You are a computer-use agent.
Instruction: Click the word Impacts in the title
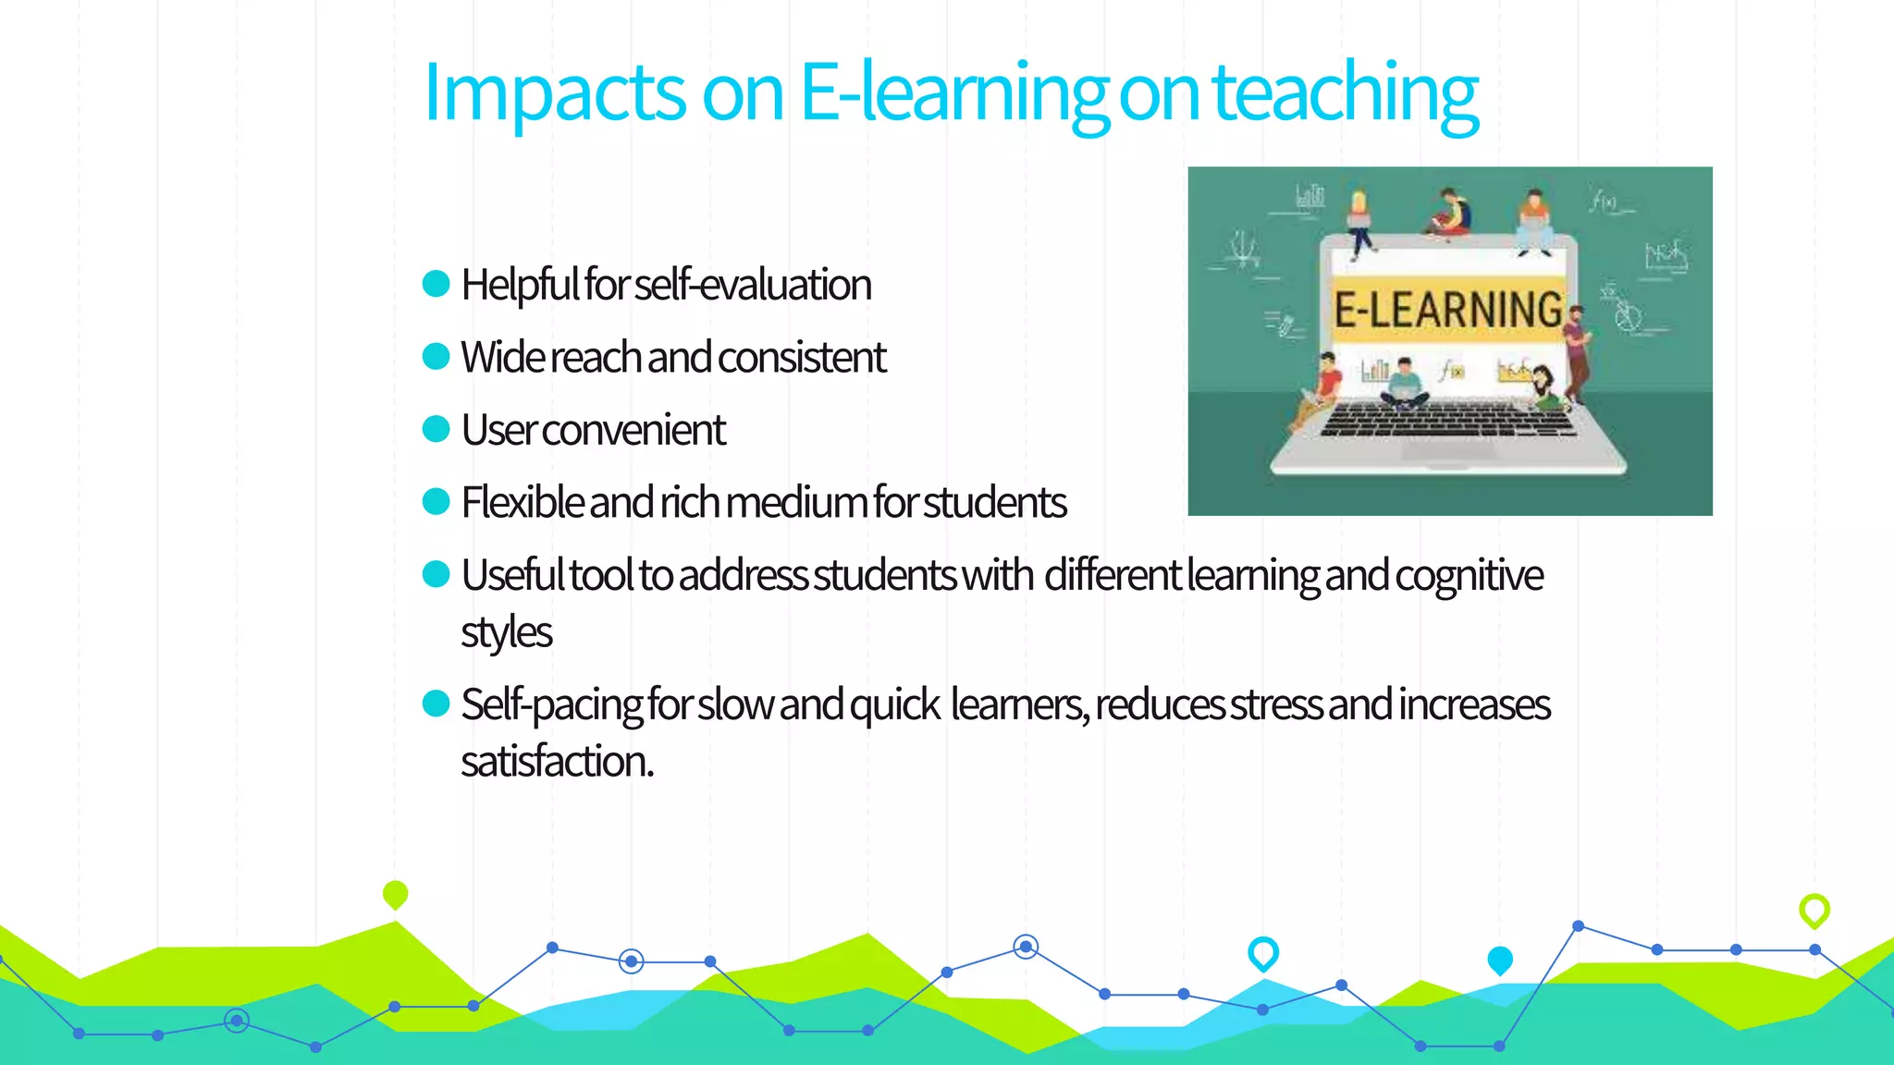[553, 92]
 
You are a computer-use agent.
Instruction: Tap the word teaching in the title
[1345, 92]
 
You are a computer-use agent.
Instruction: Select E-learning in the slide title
[953, 92]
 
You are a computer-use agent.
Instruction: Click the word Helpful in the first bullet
[520, 285]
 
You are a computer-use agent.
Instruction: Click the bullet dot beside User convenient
[436, 429]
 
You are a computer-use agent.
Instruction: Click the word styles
[506, 633]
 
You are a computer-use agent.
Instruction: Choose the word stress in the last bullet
[1276, 705]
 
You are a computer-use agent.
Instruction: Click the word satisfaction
[557, 762]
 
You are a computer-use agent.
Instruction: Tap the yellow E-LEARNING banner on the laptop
[1448, 309]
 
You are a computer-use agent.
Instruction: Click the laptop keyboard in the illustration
[1448, 421]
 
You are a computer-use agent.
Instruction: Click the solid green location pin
[395, 894]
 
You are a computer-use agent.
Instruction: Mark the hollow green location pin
[1814, 910]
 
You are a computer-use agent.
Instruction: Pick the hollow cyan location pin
[1263, 952]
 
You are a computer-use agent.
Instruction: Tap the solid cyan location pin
[1500, 960]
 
